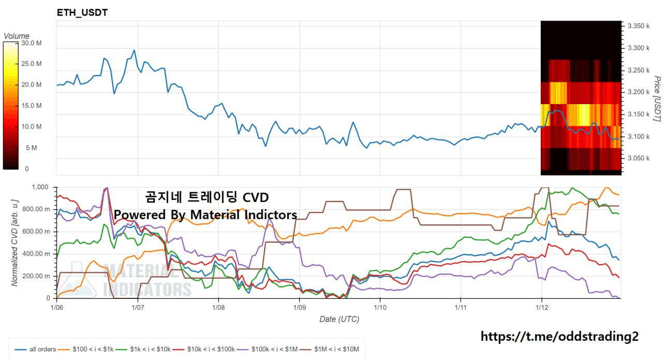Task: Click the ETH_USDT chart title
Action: tap(82, 12)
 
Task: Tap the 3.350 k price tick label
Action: tap(638, 26)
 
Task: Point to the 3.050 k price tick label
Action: tap(638, 159)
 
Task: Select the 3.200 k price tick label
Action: tap(638, 92)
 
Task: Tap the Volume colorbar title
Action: tap(17, 36)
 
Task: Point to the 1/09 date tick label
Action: tap(299, 307)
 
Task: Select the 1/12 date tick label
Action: tap(541, 307)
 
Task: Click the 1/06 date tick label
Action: tap(57, 307)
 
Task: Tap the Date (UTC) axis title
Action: tap(339, 319)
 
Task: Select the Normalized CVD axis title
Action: tap(15, 242)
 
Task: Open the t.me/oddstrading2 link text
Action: tap(559, 337)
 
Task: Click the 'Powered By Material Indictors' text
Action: tap(206, 214)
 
